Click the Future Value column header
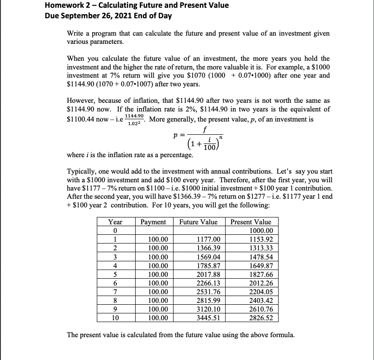tap(198, 222)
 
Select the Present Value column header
tap(251, 222)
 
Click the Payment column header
tap(154, 222)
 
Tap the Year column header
tap(116, 222)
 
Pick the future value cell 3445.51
tap(208, 318)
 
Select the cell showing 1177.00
tap(208, 239)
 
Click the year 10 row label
tap(116, 318)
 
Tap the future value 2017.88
tap(208, 274)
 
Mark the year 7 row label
tap(116, 291)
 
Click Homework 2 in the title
tap(68, 5)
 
